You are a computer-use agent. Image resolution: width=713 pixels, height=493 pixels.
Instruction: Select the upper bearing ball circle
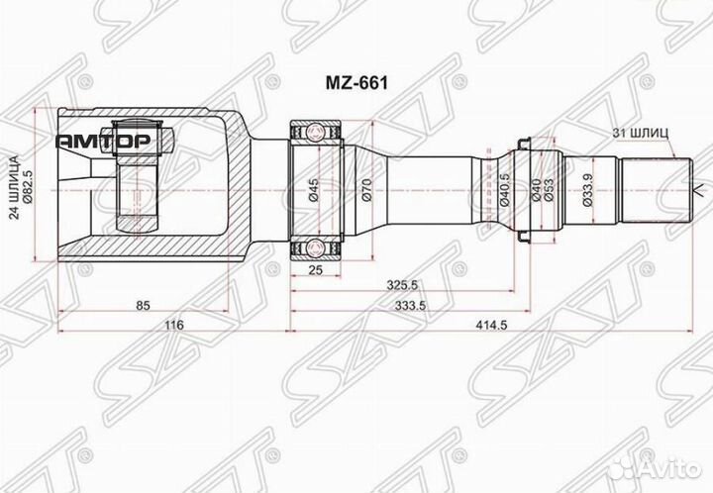[x=316, y=130]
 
